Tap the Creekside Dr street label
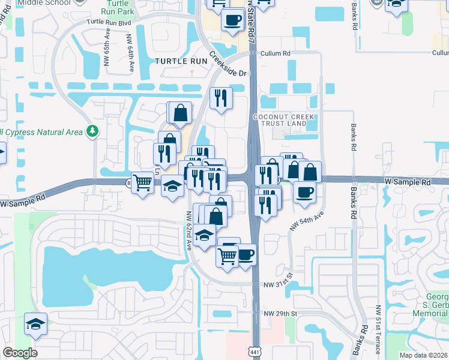(228, 64)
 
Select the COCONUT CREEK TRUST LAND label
(280, 119)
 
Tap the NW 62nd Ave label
(188, 231)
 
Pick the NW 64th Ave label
(130, 53)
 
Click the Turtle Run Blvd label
(108, 22)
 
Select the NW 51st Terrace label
(378, 324)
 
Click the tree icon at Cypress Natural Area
(92, 130)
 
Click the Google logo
(20, 353)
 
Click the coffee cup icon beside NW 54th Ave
(304, 191)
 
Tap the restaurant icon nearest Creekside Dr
(221, 97)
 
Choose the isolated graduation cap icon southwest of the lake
(35, 324)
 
